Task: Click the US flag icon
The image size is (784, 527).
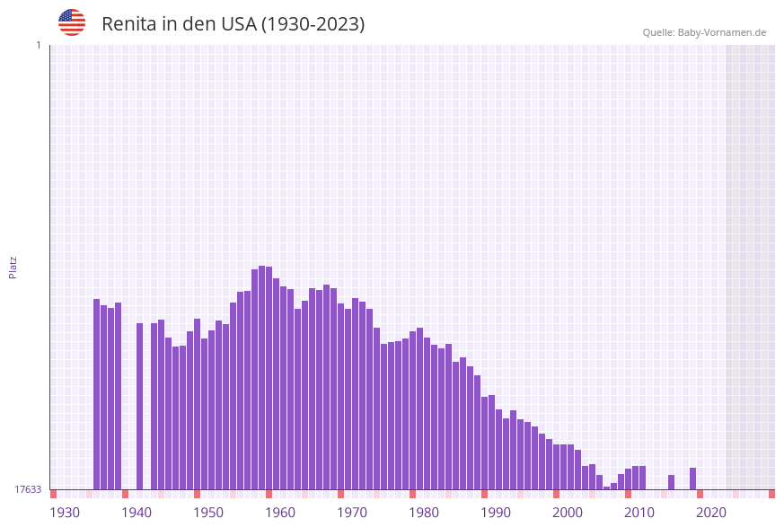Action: [x=72, y=22]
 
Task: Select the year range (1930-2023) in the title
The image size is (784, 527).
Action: [x=313, y=24]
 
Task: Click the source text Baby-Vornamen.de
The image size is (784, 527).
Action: [x=722, y=32]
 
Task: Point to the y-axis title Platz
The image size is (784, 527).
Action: [x=13, y=267]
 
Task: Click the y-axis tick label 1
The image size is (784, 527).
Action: [x=38, y=45]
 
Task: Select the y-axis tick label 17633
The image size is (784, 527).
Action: [x=28, y=489]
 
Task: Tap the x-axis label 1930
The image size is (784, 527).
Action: [x=65, y=513]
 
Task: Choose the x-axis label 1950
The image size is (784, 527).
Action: [x=208, y=513]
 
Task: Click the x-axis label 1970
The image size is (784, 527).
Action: [x=352, y=513]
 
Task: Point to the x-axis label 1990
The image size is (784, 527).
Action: [x=496, y=513]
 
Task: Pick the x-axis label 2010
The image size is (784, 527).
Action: [x=639, y=513]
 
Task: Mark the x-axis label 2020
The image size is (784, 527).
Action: [x=711, y=513]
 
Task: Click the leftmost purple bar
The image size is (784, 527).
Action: [x=97, y=395]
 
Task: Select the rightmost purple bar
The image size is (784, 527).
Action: [x=693, y=479]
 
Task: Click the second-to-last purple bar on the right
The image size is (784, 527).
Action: [x=672, y=482]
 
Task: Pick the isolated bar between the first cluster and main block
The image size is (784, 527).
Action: [x=140, y=406]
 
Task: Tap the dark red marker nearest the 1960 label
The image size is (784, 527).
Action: [x=269, y=494]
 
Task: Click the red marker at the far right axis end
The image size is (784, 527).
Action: [x=771, y=494]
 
